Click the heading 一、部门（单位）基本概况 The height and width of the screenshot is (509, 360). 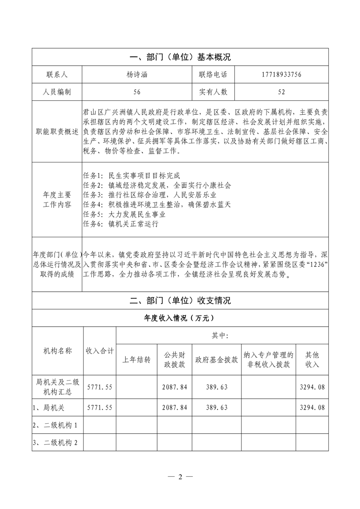[180, 57]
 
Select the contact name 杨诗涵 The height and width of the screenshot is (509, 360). [137, 74]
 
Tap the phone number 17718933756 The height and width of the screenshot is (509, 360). [281, 74]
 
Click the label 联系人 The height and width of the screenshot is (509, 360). [57, 74]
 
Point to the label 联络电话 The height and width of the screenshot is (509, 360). [212, 74]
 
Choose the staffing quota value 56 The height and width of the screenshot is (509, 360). [137, 92]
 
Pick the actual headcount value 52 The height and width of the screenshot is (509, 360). [281, 92]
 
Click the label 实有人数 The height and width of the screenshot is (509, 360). [212, 92]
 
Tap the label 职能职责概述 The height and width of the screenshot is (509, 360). [57, 132]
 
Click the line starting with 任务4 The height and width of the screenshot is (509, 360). [157, 205]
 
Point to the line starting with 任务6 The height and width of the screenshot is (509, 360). [121, 224]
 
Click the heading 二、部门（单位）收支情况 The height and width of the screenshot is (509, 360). [180, 300]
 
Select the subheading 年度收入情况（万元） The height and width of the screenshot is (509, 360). [180, 318]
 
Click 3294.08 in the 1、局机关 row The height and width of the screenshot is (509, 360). [312, 407]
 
